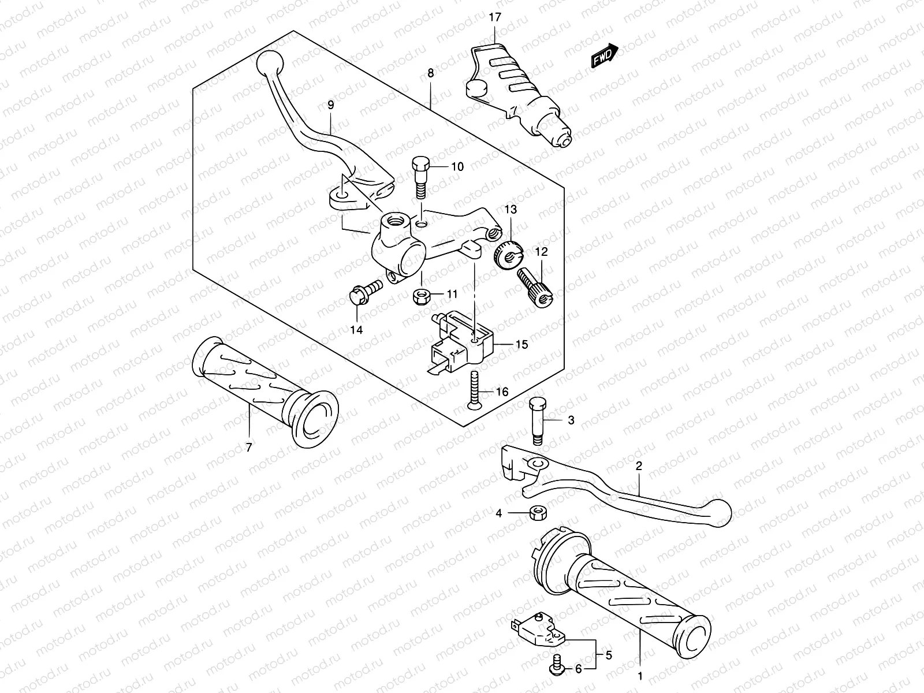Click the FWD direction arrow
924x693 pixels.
click(x=604, y=58)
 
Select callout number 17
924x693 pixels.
click(x=494, y=18)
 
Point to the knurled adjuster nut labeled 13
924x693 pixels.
click(x=509, y=254)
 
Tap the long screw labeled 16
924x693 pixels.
click(x=475, y=392)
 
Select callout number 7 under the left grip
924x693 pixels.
click(x=249, y=447)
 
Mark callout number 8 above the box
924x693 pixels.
click(x=430, y=73)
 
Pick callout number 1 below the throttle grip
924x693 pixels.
click(x=640, y=675)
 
